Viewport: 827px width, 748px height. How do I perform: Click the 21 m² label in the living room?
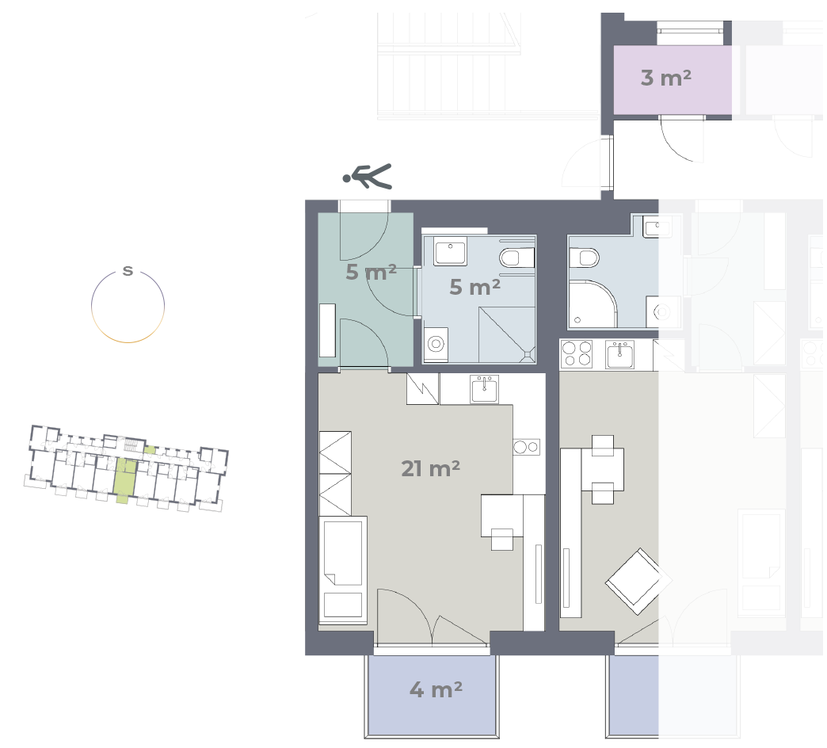(x=430, y=468)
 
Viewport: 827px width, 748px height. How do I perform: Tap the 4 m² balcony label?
(x=436, y=689)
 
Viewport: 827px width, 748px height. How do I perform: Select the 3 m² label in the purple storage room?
(x=665, y=78)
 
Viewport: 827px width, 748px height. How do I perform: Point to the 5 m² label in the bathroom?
(x=474, y=288)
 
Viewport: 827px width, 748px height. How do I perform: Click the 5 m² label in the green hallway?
(x=371, y=273)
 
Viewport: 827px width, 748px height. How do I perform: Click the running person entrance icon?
(x=367, y=176)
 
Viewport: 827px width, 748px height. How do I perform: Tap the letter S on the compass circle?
(x=128, y=271)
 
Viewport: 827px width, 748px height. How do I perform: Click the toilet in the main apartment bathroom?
(x=516, y=258)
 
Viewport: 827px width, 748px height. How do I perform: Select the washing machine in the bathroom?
(x=436, y=345)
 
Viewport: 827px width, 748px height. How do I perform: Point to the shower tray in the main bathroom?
(x=507, y=335)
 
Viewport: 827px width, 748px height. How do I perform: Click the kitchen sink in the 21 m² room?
(x=485, y=389)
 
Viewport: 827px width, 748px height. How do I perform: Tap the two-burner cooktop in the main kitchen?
(x=526, y=448)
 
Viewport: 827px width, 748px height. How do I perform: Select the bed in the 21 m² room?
(x=343, y=571)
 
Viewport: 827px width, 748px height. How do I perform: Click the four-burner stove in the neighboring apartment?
(x=577, y=353)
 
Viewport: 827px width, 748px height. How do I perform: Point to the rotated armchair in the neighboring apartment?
(x=635, y=581)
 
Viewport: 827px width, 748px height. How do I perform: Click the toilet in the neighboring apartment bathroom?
(x=585, y=258)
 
